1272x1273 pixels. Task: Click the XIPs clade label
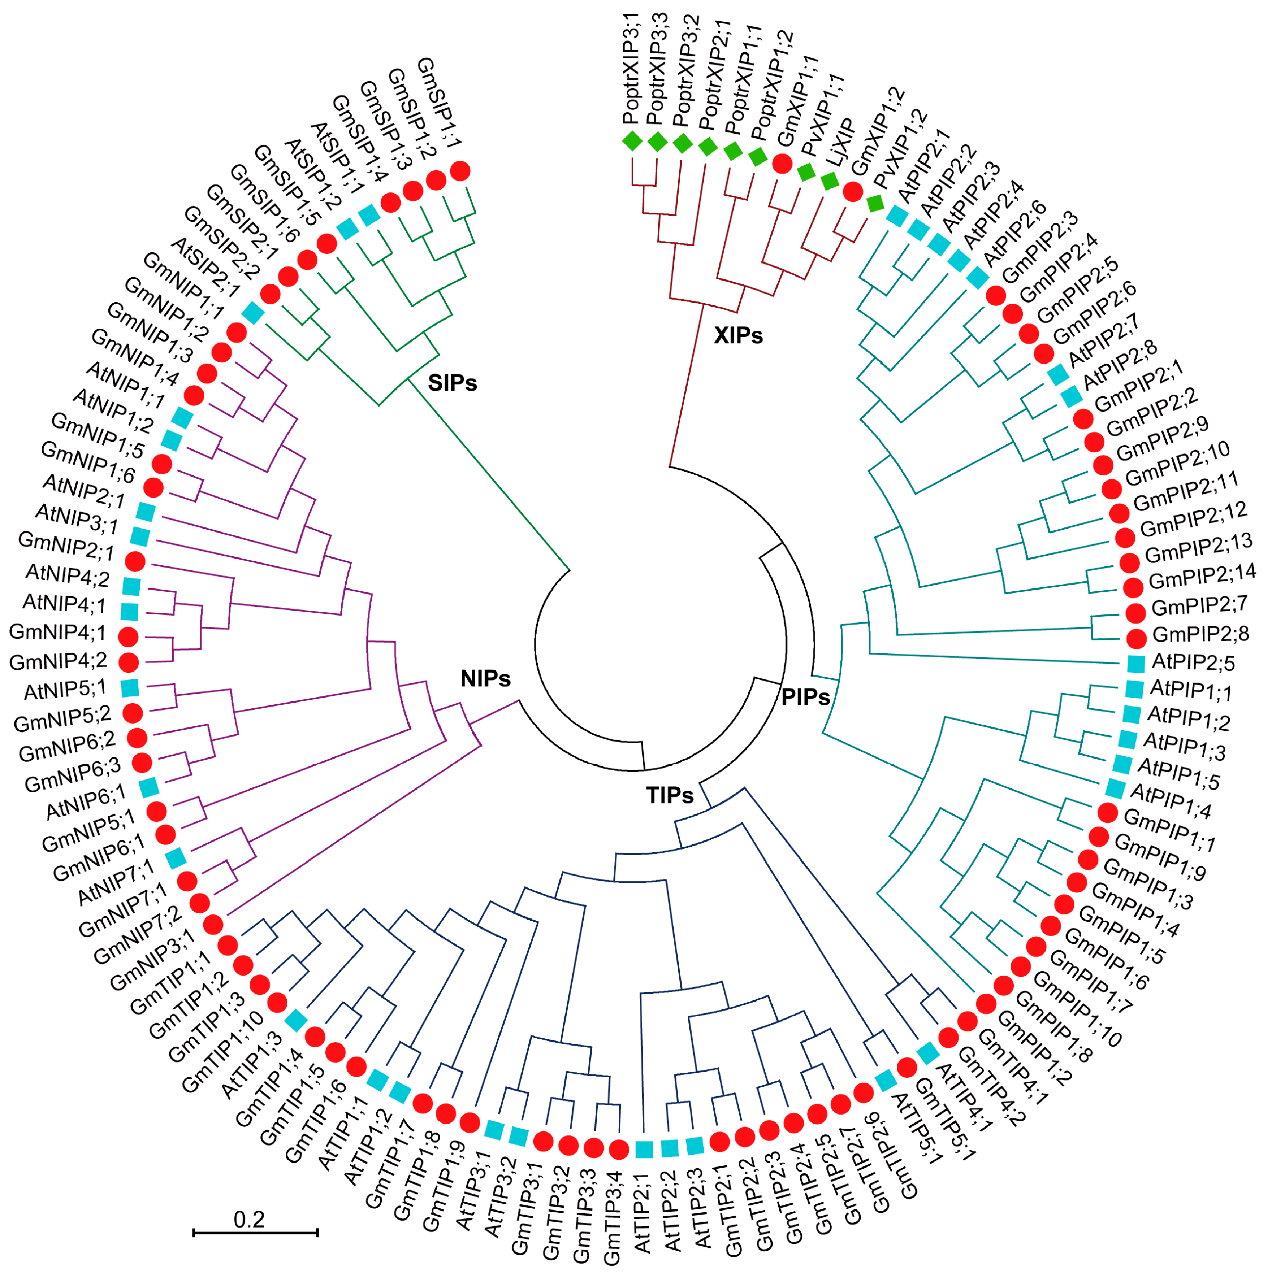pos(738,336)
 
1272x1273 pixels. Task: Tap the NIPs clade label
pos(486,679)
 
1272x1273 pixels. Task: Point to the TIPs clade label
pos(670,795)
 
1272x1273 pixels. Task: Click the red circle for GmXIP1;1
pos(782,164)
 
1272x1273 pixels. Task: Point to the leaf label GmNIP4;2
pos(58,661)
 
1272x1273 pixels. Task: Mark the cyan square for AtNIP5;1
pos(130,688)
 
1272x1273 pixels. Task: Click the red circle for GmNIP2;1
pos(135,561)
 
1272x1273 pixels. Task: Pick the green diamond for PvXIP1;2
pos(875,204)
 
